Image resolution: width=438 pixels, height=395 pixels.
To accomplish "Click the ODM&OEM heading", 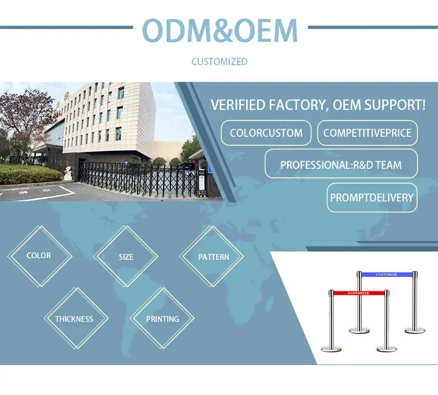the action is [x=220, y=30].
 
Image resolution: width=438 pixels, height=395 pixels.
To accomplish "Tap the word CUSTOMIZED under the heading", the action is [x=219, y=61].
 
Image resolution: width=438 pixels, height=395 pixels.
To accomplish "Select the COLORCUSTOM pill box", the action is [x=266, y=133].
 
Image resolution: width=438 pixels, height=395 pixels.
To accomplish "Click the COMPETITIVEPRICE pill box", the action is [x=367, y=133].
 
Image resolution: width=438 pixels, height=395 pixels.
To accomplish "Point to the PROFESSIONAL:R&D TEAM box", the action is [x=341, y=165].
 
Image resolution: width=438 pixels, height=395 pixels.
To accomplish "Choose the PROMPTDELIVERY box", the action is [x=372, y=198].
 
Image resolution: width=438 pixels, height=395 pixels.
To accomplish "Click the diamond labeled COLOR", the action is [x=40, y=256].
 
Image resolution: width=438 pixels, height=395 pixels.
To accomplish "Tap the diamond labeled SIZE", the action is [x=126, y=256].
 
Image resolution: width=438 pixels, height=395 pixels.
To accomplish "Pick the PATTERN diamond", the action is [x=212, y=256].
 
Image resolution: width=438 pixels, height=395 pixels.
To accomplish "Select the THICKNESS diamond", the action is [x=76, y=318].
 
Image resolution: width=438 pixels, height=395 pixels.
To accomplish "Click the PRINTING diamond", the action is [x=162, y=318].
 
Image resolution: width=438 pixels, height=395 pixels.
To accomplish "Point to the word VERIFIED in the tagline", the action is [x=238, y=105].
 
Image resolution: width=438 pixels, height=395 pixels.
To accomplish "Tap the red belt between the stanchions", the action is [x=359, y=293].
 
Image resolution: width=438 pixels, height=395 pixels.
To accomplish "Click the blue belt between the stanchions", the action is [x=387, y=274].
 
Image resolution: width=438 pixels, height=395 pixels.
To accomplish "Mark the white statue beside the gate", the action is [x=68, y=173].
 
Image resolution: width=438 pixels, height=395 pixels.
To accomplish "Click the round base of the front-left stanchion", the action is [x=332, y=349].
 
